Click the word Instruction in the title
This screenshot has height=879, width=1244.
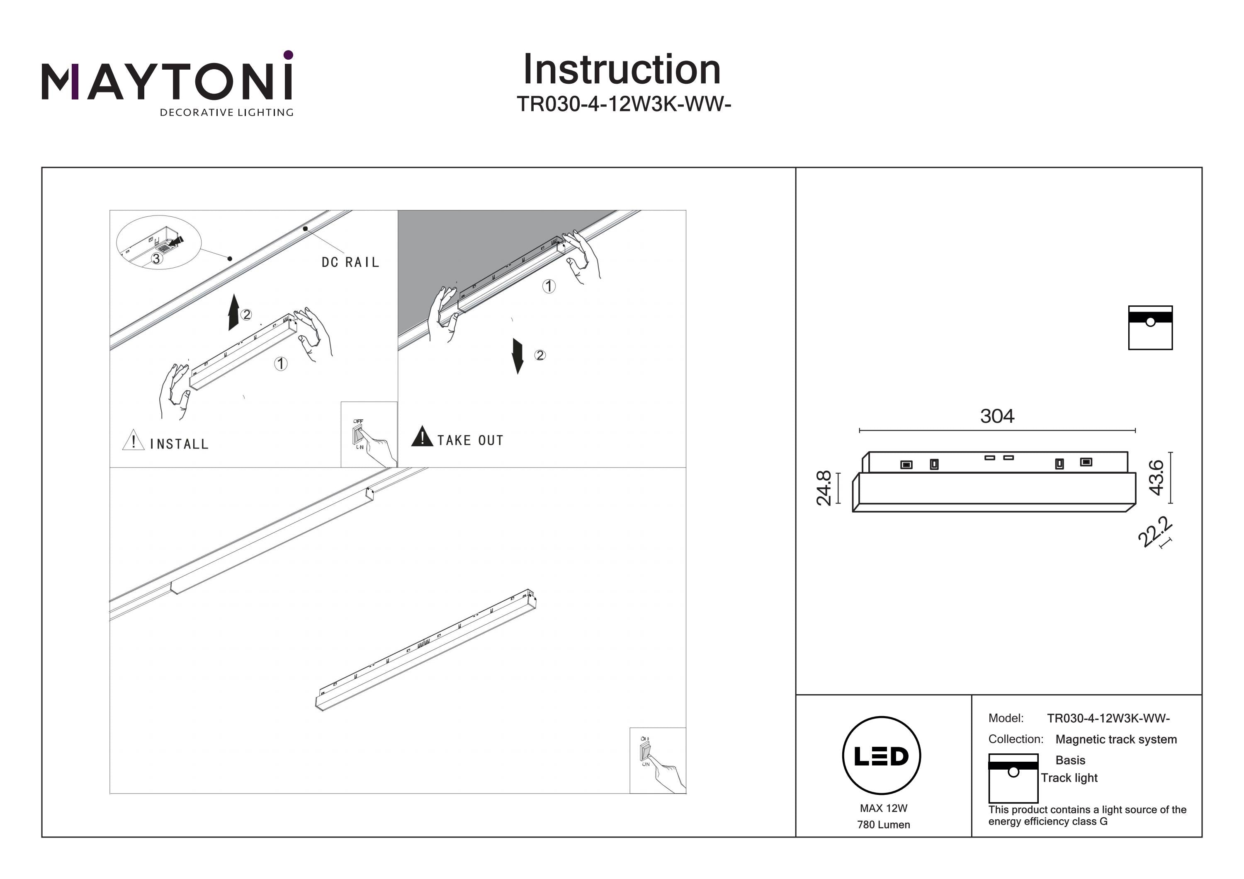(x=622, y=70)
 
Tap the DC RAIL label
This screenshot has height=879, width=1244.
(x=350, y=263)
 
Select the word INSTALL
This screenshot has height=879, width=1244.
(x=179, y=445)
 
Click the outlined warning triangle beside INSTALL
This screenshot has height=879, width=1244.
(x=133, y=440)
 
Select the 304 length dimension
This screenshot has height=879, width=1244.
(x=997, y=416)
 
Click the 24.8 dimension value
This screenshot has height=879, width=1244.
(x=824, y=488)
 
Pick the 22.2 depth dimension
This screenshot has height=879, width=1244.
(x=1155, y=533)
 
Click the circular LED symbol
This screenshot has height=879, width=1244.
(x=882, y=756)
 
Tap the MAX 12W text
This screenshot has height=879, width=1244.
(x=883, y=809)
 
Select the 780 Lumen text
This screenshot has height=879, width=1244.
(x=883, y=825)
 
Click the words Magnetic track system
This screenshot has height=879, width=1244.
(x=1116, y=739)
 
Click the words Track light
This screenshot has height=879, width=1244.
(x=1069, y=778)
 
